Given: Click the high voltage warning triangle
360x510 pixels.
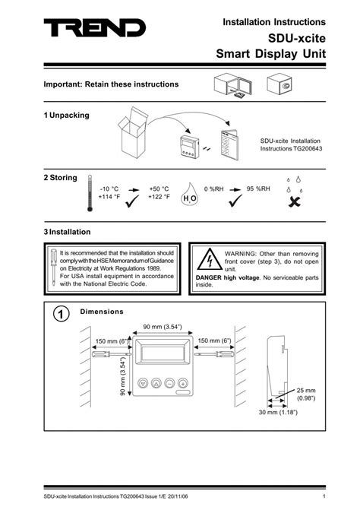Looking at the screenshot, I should click(x=206, y=261).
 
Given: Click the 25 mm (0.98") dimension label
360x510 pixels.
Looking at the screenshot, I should click(x=307, y=393).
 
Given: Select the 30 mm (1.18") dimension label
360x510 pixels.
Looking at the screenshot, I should click(x=277, y=412).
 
